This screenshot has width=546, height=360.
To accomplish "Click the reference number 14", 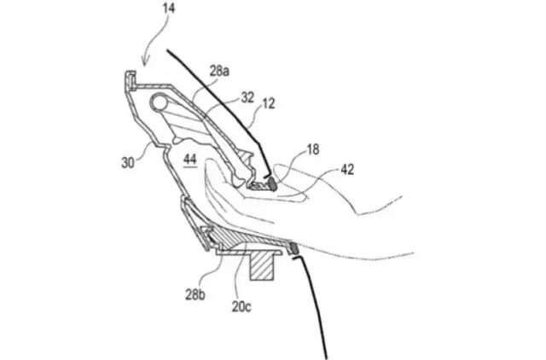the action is [x=169, y=9].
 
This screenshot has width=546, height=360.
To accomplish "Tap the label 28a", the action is [x=219, y=71].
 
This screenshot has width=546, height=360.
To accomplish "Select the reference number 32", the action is [x=247, y=97].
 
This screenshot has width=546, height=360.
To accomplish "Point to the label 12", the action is [x=269, y=103].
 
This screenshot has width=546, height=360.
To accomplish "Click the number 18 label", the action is [x=313, y=149].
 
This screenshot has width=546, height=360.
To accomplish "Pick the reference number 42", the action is [x=347, y=170].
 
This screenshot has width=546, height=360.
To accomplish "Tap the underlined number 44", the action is [x=190, y=160].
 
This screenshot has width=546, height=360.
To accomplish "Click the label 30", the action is [x=128, y=163].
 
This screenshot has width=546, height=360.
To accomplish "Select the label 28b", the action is [x=195, y=295].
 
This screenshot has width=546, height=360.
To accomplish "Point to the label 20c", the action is [x=241, y=307].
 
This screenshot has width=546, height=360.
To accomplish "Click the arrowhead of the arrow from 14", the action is [x=145, y=61].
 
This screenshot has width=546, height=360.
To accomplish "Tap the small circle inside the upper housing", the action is [x=159, y=102].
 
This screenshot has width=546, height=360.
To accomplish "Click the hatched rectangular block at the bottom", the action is [x=262, y=265].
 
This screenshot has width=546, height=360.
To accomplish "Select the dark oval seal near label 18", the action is [x=272, y=183].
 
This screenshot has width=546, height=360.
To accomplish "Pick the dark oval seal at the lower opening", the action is [x=293, y=247].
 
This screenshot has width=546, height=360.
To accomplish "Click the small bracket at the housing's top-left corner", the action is [x=131, y=80].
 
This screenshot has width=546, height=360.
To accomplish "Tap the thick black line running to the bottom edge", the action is [x=311, y=306].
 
